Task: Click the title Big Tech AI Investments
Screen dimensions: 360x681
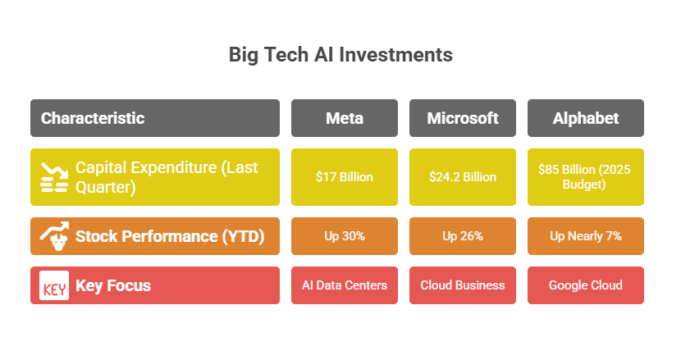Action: pos(340,55)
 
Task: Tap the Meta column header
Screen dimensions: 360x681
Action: pos(345,118)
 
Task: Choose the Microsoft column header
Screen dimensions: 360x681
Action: pos(463,118)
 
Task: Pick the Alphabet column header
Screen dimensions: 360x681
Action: pos(586,118)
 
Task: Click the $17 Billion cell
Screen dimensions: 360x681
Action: pos(345,176)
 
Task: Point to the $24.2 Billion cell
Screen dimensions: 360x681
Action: pos(463,176)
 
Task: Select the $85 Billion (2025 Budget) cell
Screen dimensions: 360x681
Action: pos(586,176)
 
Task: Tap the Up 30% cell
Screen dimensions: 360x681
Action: pos(345,236)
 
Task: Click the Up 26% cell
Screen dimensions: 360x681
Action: pos(463,236)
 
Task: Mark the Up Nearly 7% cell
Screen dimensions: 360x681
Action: pos(586,236)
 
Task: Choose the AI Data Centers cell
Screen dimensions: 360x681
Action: pos(345,285)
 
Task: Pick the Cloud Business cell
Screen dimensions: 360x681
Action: pos(463,285)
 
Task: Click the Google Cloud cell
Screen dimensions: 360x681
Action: pos(586,285)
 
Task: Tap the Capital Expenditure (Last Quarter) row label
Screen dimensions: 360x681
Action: pos(167,176)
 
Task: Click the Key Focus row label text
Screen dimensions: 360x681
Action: pos(113,285)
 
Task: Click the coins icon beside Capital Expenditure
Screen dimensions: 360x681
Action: pos(54,177)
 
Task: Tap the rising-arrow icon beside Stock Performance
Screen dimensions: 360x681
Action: pos(54,235)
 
